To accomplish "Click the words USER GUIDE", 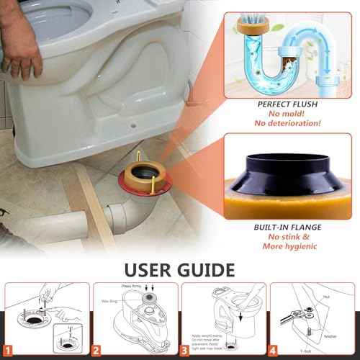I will [180, 269].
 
